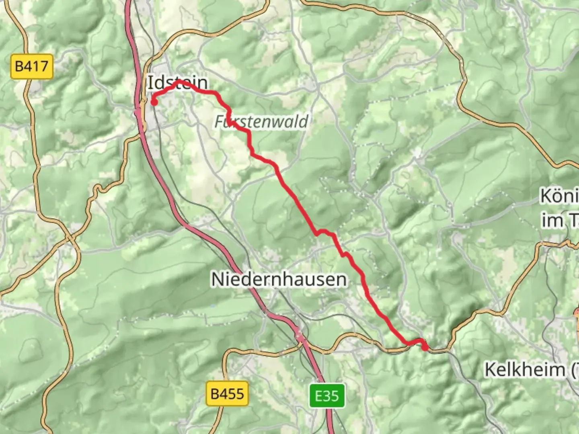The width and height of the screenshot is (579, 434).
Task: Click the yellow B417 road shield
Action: [x=31, y=66]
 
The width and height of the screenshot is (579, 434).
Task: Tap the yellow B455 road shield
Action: [x=227, y=393]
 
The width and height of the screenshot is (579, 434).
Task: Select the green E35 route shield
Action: [x=327, y=396]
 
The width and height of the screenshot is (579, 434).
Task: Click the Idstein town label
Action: [x=178, y=83]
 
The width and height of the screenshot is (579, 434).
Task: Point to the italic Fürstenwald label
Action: [x=261, y=121]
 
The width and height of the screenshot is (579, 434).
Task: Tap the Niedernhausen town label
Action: [x=279, y=279]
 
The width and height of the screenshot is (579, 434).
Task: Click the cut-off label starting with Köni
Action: [x=559, y=196]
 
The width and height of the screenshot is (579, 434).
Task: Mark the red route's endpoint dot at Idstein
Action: [x=154, y=102]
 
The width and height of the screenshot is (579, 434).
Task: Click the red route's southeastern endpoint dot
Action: [x=425, y=348]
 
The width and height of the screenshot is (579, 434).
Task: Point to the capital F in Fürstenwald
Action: [x=219, y=121]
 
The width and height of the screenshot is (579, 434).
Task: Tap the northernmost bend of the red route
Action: [x=179, y=82]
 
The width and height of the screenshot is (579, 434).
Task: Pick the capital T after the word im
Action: [x=573, y=220]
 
